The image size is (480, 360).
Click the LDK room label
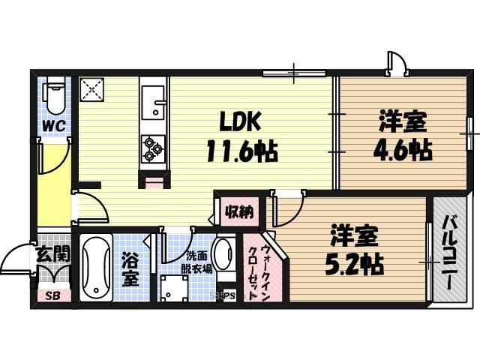click(239, 121)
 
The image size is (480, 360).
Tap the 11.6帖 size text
click(241, 152)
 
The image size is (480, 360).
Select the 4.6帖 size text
click(403, 149)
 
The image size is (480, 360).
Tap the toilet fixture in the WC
click(53, 97)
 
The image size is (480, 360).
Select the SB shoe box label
click(52, 295)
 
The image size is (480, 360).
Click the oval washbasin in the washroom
click(223, 257)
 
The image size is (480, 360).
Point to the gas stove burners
click(153, 146)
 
